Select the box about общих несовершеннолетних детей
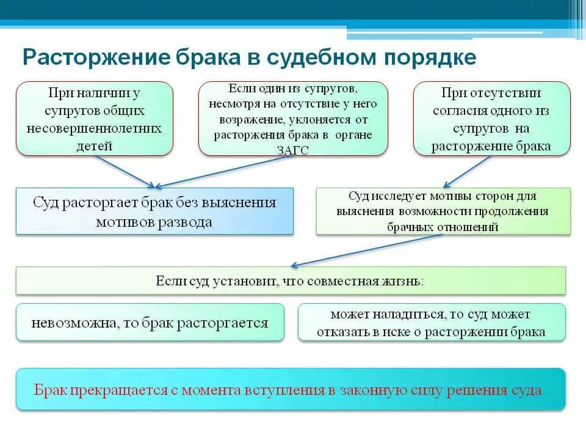point(95,119)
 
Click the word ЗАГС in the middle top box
point(292,150)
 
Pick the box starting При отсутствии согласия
point(491,119)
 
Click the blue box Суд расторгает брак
point(154,211)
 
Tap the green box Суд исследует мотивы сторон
point(443,211)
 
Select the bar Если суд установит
point(291,281)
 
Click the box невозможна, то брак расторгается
point(150,323)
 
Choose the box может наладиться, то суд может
point(432,323)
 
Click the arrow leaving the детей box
point(125,171)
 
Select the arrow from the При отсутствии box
point(467,171)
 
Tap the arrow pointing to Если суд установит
point(366,251)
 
